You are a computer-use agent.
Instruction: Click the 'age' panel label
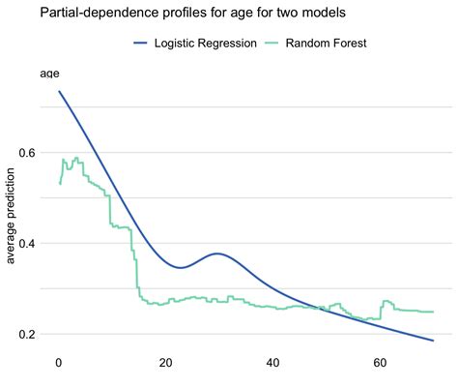point(49,73)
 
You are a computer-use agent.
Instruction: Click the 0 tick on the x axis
point(59,364)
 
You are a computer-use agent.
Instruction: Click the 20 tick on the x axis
point(166,364)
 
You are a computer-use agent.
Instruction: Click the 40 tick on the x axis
point(273,364)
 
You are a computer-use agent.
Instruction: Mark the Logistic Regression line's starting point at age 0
point(59,92)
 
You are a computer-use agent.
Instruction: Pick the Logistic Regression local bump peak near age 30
point(218,254)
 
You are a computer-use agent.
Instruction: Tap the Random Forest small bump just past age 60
point(386,301)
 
